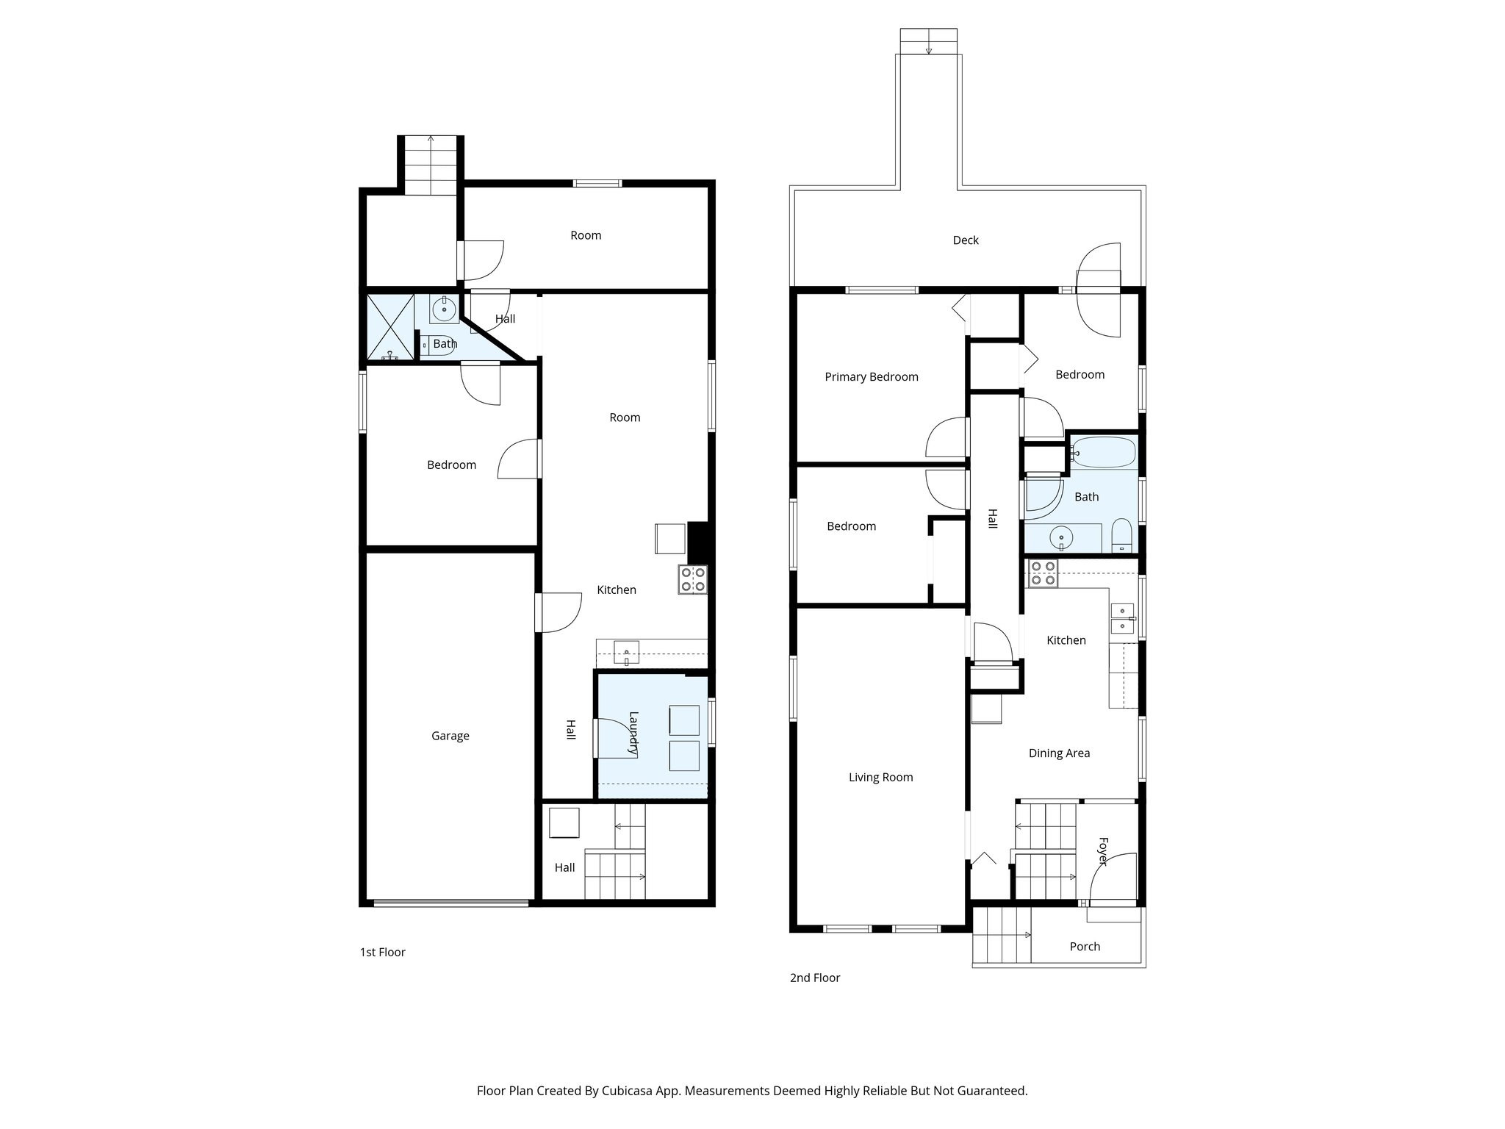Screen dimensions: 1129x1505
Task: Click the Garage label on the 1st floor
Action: point(450,736)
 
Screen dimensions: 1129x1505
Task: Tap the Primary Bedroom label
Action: point(871,377)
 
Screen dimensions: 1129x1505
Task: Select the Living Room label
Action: point(880,777)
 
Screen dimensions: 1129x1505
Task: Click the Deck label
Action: point(965,240)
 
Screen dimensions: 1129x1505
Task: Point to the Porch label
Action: point(1084,947)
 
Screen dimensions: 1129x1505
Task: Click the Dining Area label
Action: point(1058,753)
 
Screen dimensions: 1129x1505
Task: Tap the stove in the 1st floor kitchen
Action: point(692,579)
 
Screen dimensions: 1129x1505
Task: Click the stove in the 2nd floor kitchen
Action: point(1042,573)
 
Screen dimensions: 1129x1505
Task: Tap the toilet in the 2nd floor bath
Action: point(1121,534)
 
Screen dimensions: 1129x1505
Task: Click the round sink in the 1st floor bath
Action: point(445,309)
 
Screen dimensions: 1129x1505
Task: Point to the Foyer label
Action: point(1102,851)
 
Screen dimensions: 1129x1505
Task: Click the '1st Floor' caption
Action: point(382,953)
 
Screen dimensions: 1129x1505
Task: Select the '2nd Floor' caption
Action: point(814,978)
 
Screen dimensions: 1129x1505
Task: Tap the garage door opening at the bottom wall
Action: point(450,903)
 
